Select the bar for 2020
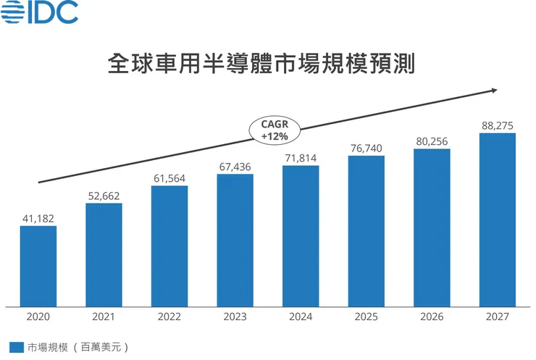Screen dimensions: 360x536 (38, 266)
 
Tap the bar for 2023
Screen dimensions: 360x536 (235, 240)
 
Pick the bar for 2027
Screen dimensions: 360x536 (498, 219)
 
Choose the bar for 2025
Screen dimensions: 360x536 (366, 230)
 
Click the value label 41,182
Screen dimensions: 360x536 (38, 217)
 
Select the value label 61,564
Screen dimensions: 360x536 (169, 177)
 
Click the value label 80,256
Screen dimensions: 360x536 (432, 141)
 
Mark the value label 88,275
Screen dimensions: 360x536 (498, 125)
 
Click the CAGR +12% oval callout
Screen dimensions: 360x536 (275, 130)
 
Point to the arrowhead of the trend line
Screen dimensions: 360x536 (493, 90)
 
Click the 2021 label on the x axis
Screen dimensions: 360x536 (104, 317)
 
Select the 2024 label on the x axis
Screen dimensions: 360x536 (301, 317)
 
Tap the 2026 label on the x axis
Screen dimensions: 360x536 (432, 317)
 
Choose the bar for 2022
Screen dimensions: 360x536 (169, 246)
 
